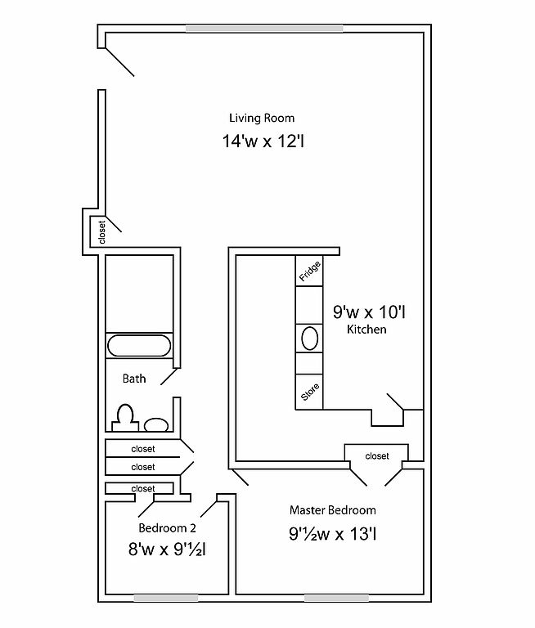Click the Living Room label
click(x=262, y=118)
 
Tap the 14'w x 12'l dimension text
click(x=263, y=141)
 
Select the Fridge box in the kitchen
click(x=309, y=271)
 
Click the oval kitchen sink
click(x=309, y=339)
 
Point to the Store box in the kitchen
click(x=309, y=392)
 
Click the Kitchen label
click(x=366, y=330)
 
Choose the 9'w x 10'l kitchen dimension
click(x=369, y=312)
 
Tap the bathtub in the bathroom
click(x=139, y=346)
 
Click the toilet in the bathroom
click(x=125, y=418)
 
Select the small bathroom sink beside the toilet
click(x=156, y=424)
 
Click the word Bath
click(x=134, y=379)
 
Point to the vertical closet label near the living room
click(x=101, y=232)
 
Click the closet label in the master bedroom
click(x=377, y=456)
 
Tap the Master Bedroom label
click(x=333, y=510)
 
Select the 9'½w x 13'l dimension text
click(x=333, y=533)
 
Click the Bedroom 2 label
click(x=167, y=528)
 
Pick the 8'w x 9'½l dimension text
click(x=167, y=549)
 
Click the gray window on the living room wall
click(x=264, y=29)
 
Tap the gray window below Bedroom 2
click(x=166, y=599)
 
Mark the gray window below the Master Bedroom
click(x=337, y=599)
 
